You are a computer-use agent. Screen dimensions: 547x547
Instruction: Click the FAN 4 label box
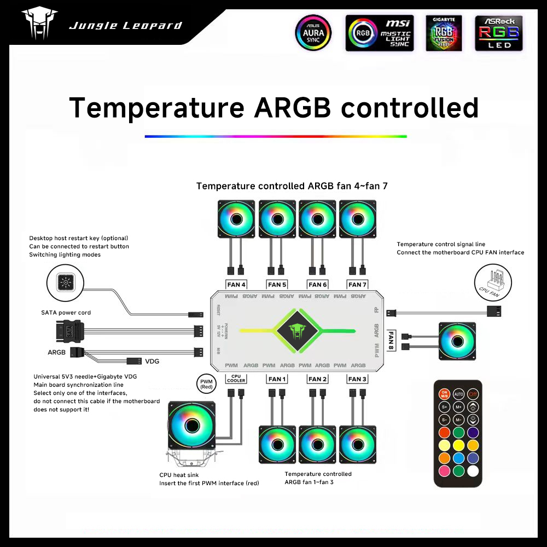[x=236, y=284]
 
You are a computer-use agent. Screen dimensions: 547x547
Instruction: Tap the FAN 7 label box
[x=358, y=284]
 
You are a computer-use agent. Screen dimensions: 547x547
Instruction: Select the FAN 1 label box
[x=277, y=379]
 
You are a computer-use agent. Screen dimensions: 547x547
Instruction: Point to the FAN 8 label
[x=392, y=341]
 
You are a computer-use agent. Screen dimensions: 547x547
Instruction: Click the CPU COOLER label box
[x=236, y=379]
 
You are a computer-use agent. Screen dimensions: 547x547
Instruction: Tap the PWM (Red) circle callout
[x=206, y=383]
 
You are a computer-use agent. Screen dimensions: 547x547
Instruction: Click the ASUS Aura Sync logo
[x=313, y=33]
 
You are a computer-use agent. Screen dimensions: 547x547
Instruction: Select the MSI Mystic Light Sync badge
[x=379, y=33]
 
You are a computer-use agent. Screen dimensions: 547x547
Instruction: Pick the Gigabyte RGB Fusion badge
[x=444, y=33]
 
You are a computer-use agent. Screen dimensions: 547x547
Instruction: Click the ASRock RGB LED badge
[x=499, y=33]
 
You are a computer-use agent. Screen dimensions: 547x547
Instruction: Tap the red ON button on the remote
[x=444, y=393]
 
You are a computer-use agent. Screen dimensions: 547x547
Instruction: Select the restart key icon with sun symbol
[x=66, y=283]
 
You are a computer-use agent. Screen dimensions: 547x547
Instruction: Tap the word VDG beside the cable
[x=153, y=362]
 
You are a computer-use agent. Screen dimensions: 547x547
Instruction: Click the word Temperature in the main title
[x=156, y=108]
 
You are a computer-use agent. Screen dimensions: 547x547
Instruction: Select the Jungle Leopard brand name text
[x=125, y=26]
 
